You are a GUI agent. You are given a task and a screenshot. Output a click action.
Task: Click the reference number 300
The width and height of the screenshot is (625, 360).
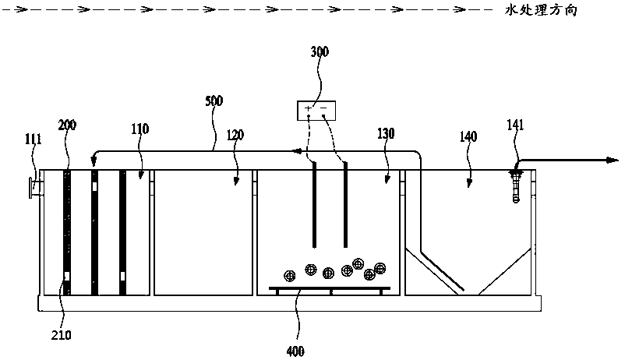(320, 52)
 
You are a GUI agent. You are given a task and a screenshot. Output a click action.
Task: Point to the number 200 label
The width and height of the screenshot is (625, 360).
(68, 124)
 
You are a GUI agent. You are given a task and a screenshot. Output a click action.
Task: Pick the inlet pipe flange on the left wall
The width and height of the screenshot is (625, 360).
(33, 189)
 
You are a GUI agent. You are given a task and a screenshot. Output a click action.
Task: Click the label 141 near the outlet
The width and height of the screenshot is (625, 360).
(516, 124)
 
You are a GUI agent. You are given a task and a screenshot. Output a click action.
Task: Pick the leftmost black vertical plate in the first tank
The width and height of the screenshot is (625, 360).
(67, 232)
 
